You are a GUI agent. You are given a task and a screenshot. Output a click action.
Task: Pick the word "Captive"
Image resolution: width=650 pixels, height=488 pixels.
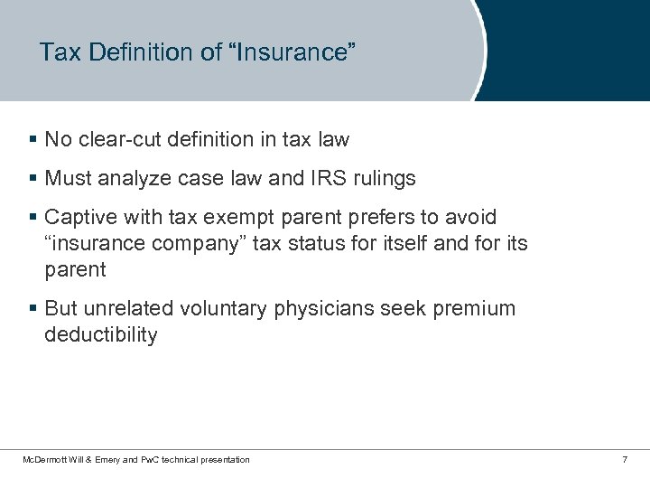coord(78,218)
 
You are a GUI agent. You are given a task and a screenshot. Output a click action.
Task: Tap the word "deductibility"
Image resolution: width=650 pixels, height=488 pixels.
coord(100,334)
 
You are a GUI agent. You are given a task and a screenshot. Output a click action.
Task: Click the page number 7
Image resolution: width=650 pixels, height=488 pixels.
coord(625,460)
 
